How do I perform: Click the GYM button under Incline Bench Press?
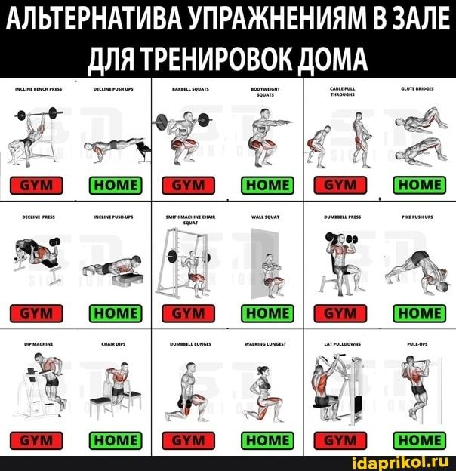(36, 185)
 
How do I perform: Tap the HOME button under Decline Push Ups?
(115, 185)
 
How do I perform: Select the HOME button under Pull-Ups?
(419, 439)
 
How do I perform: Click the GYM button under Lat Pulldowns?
(340, 439)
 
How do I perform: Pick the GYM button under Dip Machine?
(36, 439)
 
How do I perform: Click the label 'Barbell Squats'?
(190, 88)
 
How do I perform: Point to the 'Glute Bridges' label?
(419, 88)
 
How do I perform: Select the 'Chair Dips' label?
(113, 343)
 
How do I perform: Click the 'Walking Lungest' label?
(265, 343)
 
